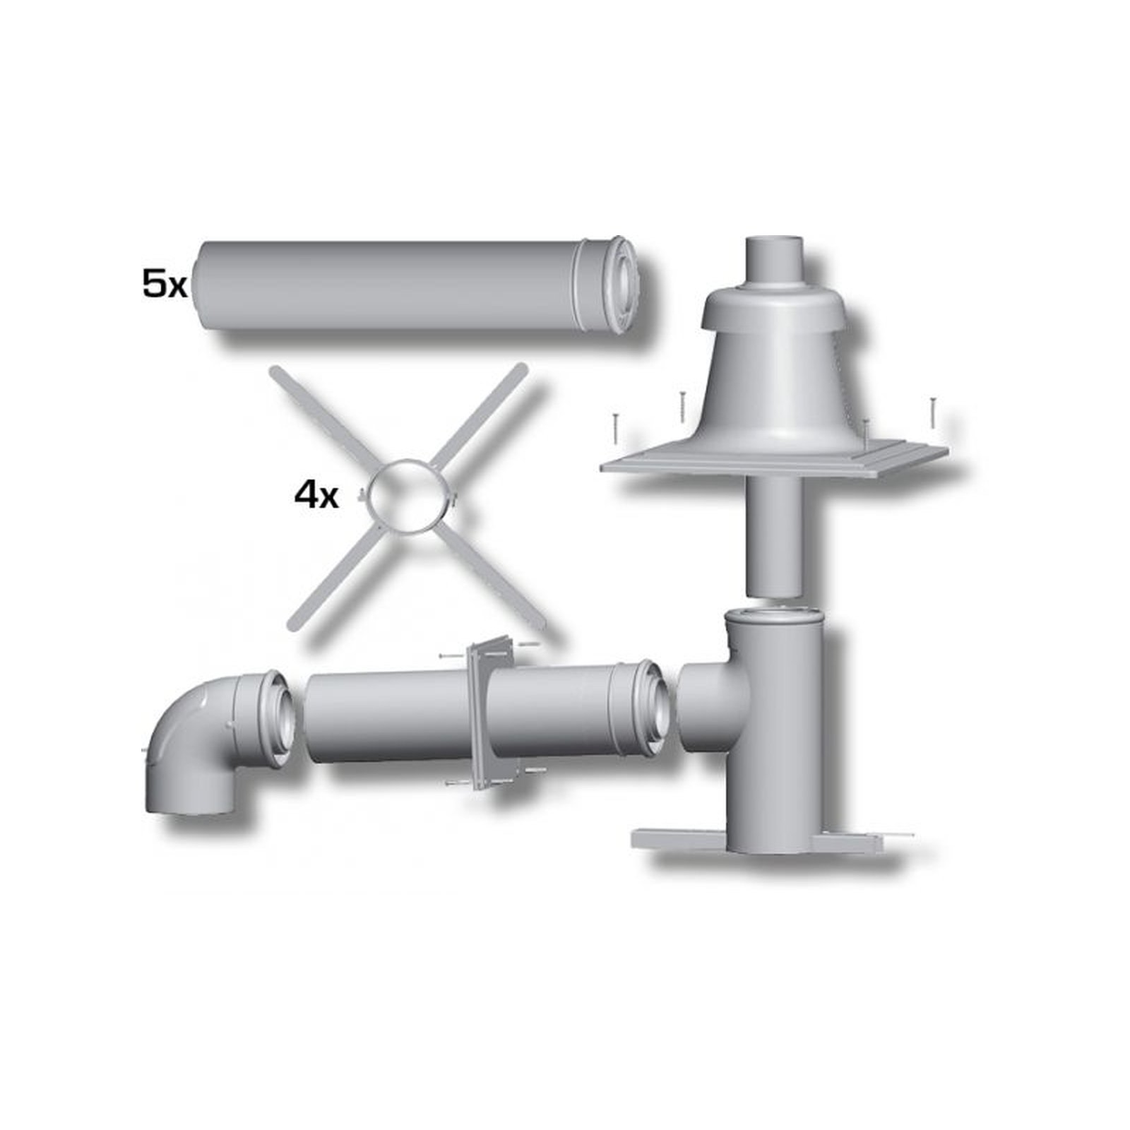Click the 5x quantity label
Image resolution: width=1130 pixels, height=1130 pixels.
tap(164, 285)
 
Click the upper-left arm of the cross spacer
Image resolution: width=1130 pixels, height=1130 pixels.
tap(321, 416)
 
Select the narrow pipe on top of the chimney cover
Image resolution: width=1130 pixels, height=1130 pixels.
tap(775, 262)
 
